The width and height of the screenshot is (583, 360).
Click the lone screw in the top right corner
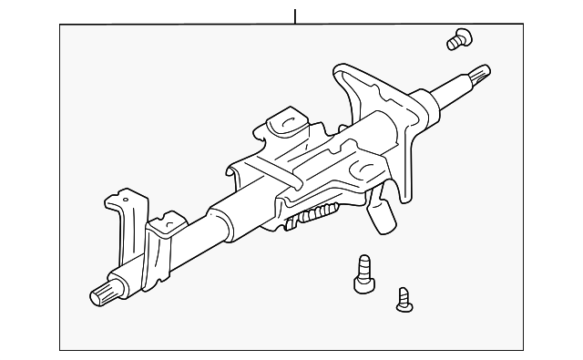[x=459, y=38]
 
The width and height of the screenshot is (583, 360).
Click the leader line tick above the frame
[x=295, y=15]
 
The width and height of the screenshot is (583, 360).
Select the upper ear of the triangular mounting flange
[x=347, y=74]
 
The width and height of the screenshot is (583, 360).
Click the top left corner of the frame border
[x=60, y=26]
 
